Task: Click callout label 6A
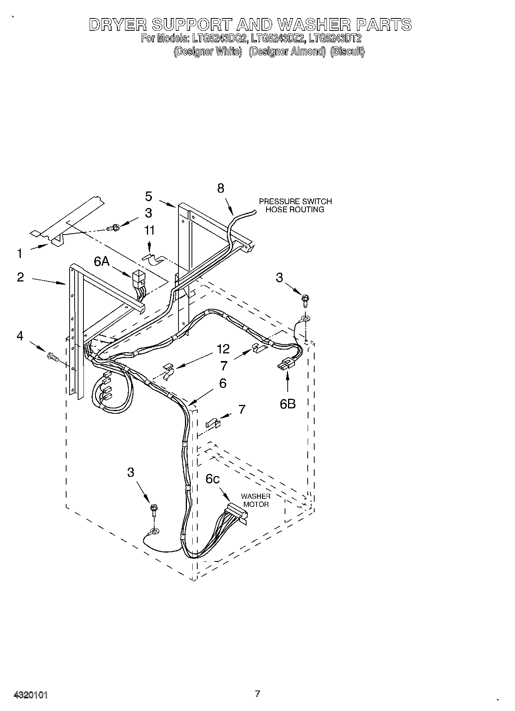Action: pyautogui.click(x=102, y=262)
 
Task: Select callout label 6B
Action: pyautogui.click(x=288, y=404)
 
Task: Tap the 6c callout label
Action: pyautogui.click(x=213, y=479)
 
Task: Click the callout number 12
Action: pyautogui.click(x=223, y=349)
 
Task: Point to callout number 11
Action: pyautogui.click(x=149, y=230)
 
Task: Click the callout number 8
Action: pyautogui.click(x=221, y=188)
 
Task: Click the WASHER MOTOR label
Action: pyautogui.click(x=256, y=500)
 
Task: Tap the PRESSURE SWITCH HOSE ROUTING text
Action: pyautogui.click(x=295, y=205)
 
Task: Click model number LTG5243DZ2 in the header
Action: pyautogui.click(x=278, y=38)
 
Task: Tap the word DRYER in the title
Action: pyautogui.click(x=117, y=24)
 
